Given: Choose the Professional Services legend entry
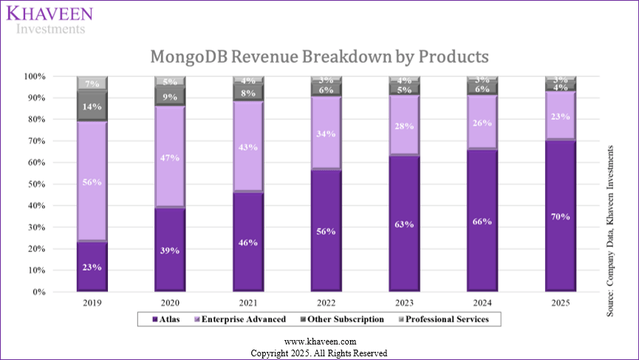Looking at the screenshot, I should click(x=448, y=319).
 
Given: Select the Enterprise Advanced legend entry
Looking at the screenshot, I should click(x=236, y=319).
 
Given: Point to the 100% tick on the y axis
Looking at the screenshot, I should click(x=34, y=76).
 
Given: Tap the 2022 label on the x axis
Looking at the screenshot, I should click(x=326, y=302).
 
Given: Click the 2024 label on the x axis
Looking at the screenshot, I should click(x=482, y=302).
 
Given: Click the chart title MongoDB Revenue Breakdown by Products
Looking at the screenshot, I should click(x=319, y=57).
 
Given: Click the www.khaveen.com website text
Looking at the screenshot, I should click(x=319, y=342).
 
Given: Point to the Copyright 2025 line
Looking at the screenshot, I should click(x=319, y=353).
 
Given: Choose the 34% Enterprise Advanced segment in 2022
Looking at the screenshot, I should click(x=326, y=133).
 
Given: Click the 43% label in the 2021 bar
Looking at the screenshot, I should click(x=248, y=147).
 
